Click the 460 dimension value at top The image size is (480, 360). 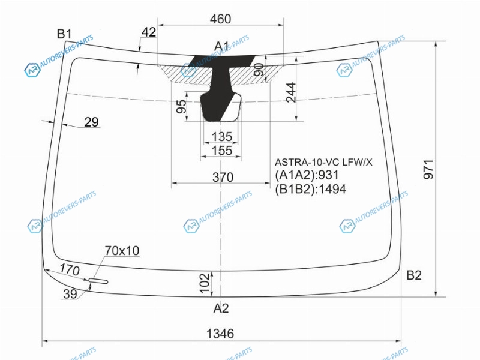220,19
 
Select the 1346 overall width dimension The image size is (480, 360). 220,334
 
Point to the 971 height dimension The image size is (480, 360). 428,169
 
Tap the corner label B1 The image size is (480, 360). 64,34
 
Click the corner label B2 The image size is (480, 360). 414,275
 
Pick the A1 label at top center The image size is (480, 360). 221,46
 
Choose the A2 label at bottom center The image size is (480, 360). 221,308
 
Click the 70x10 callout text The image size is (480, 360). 122,251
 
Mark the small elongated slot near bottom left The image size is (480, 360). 98,281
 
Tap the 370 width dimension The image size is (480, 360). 223,177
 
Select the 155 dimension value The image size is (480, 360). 222,151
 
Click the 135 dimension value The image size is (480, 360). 222,137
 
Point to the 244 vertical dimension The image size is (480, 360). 291,92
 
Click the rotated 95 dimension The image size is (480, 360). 181,106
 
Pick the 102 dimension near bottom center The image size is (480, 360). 204,283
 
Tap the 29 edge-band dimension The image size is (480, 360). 92,122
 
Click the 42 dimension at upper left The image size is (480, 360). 149,32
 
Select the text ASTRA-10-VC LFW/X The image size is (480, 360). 323,162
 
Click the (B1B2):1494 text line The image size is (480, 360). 310,189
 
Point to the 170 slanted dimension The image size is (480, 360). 70,269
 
